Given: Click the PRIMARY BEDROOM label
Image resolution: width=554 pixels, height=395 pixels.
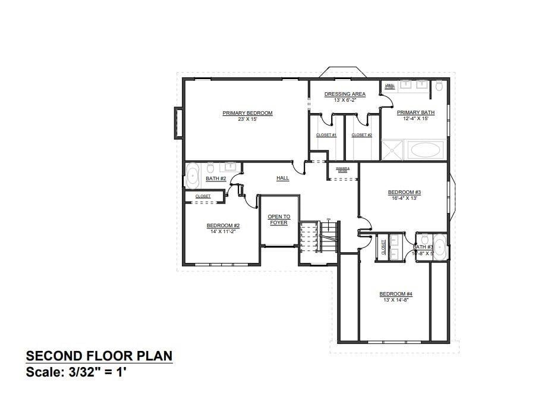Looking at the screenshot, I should [247, 113].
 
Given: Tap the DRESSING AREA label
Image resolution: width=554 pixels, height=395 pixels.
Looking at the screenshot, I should [345, 94].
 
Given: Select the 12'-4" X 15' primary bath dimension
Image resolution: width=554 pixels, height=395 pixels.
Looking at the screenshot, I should [415, 119].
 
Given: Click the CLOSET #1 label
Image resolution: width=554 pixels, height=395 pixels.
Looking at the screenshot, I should [326, 135].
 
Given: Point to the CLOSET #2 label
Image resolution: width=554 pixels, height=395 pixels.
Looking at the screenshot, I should [361, 135].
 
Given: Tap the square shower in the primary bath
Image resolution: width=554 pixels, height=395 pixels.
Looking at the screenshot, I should [392, 150].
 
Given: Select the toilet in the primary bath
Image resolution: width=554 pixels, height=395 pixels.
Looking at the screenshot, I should [439, 86].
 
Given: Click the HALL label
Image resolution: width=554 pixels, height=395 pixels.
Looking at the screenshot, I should [283, 178].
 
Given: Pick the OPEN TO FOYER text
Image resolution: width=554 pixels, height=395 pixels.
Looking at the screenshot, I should [279, 220].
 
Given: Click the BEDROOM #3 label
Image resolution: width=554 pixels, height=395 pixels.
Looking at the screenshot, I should [404, 192].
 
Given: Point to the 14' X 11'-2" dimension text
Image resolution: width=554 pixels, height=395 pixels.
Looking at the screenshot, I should [223, 231].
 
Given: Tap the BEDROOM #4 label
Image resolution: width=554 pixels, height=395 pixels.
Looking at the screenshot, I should [396, 294].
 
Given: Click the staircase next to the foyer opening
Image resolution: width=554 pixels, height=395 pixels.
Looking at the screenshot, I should [318, 237].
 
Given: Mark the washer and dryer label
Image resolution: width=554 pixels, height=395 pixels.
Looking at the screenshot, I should [342, 170].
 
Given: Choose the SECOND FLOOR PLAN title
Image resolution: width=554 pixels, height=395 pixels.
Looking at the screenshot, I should [99, 356].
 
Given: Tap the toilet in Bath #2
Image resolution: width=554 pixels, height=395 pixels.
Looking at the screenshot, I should [210, 168].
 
